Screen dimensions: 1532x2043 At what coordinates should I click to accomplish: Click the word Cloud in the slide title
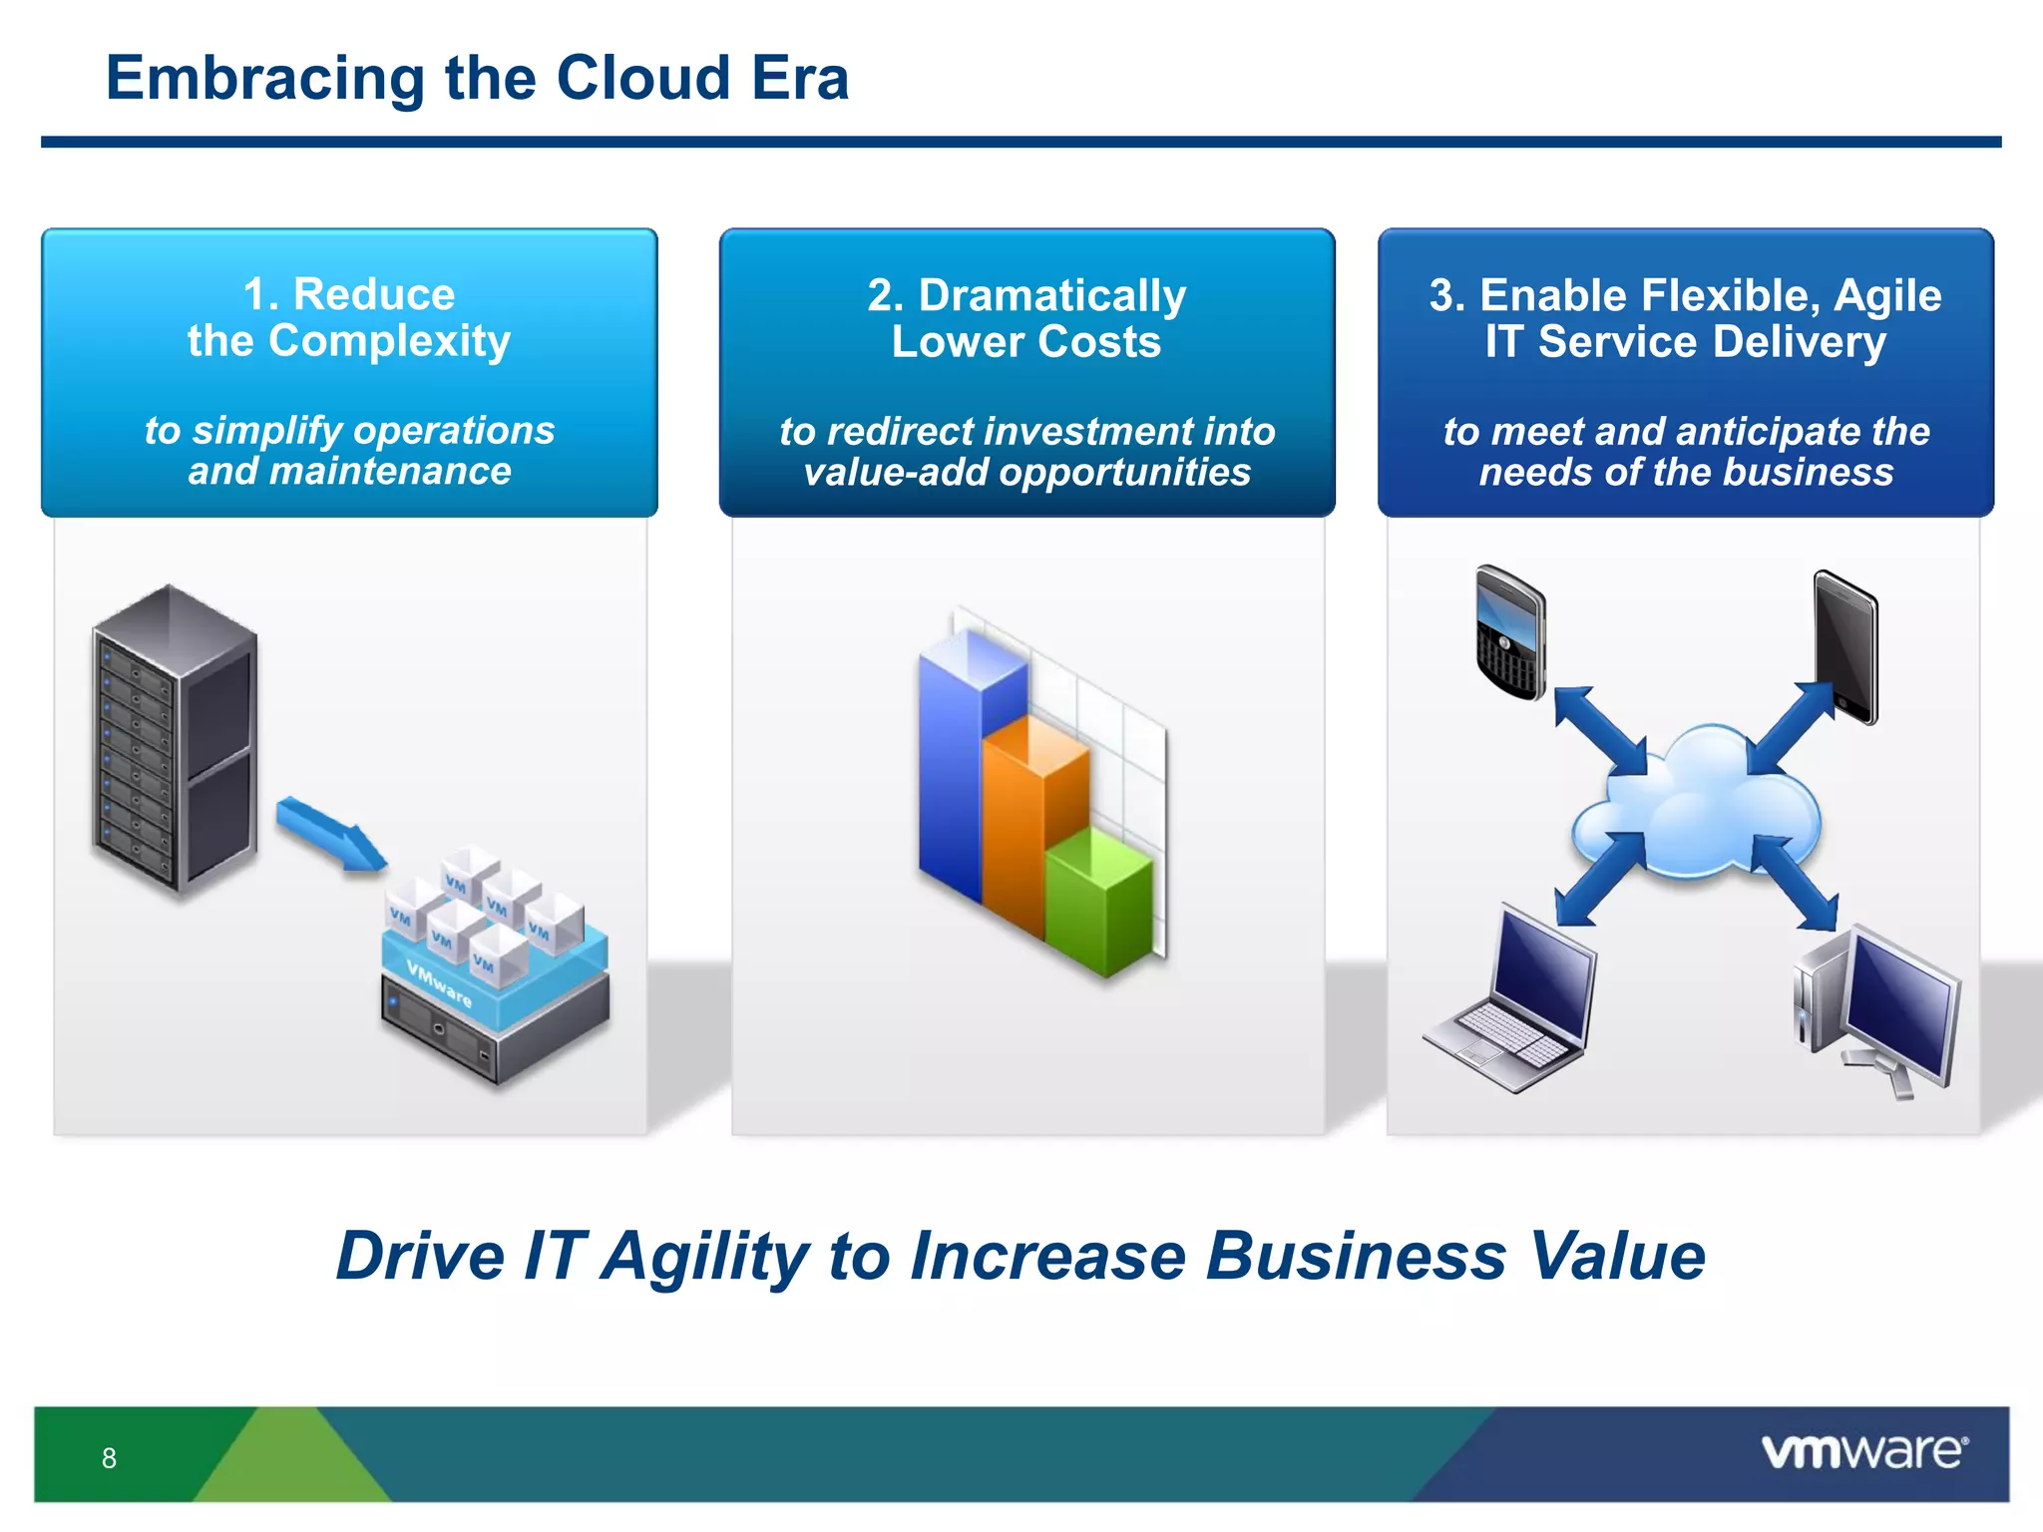pos(643,78)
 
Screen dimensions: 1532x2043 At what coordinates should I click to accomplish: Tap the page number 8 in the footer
pos(109,1458)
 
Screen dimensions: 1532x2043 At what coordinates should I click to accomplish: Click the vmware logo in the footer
pos(1863,1451)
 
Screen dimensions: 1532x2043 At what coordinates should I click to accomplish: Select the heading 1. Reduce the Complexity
pos(349,317)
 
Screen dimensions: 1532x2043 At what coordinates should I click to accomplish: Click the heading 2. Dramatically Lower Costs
pos(1026,318)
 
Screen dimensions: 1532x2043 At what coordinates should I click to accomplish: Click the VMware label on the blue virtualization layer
pos(440,983)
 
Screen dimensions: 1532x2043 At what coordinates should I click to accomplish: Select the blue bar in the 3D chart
pos(948,768)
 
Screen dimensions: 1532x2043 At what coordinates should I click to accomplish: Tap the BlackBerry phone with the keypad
pos(1510,631)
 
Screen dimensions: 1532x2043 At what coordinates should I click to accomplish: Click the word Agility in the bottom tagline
pos(705,1256)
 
